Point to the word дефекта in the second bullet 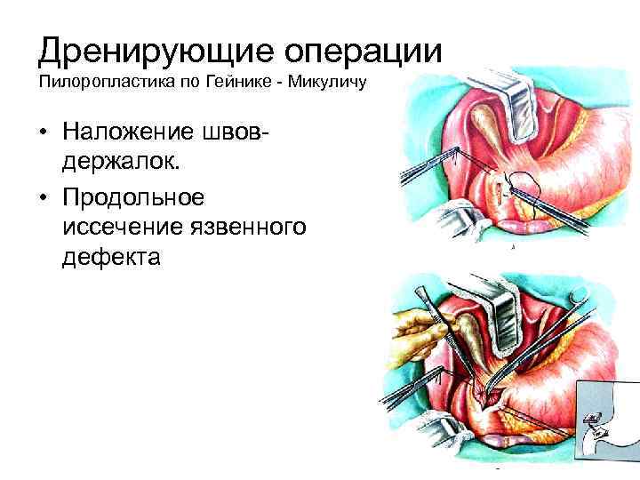[113, 259]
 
